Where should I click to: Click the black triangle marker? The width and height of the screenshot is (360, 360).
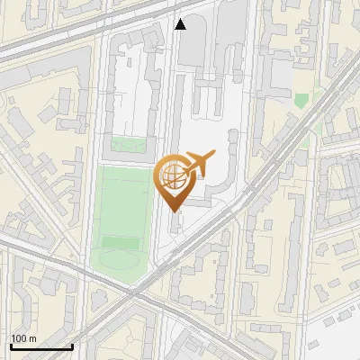point(181,24)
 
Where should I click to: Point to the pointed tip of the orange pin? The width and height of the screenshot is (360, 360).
point(172,211)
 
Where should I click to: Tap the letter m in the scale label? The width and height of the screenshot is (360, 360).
point(33,338)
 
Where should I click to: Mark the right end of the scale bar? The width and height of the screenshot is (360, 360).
point(72,346)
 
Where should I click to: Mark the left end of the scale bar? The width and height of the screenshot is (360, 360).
point(10,346)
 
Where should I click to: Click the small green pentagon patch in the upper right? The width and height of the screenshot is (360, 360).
point(301,101)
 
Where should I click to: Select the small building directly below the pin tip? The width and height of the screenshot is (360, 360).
point(173,222)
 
